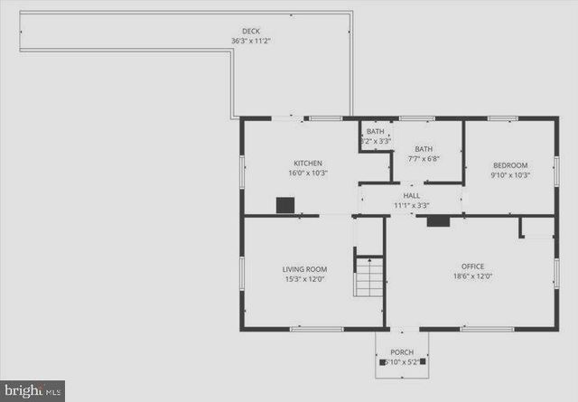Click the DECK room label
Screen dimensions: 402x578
pyautogui.click(x=251, y=31)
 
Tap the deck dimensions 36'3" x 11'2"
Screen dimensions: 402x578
pyautogui.click(x=251, y=41)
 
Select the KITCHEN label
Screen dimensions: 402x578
pyautogui.click(x=308, y=164)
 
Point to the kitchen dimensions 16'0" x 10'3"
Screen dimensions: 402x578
pyautogui.click(x=308, y=173)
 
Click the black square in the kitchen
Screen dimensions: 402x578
pyautogui.click(x=285, y=205)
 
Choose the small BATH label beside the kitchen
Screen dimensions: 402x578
pyautogui.click(x=375, y=132)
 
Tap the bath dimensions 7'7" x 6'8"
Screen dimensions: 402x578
pyautogui.click(x=424, y=159)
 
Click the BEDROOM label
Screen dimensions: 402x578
pyautogui.click(x=509, y=165)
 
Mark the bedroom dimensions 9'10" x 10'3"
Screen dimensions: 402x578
pyautogui.click(x=509, y=175)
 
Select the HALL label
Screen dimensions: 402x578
pyautogui.click(x=412, y=195)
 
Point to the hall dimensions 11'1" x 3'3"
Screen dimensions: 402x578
pyautogui.click(x=412, y=205)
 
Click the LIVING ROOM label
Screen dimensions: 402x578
pyautogui.click(x=304, y=269)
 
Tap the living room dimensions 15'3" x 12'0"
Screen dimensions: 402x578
pyautogui.click(x=304, y=279)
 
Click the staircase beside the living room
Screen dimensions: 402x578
pyautogui.click(x=368, y=278)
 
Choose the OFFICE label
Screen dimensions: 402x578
pyautogui.click(x=472, y=266)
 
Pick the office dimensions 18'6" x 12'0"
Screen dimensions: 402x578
pyautogui.click(x=472, y=276)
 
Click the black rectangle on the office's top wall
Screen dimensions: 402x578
pyautogui.click(x=438, y=220)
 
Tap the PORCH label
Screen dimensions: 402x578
pyautogui.click(x=402, y=352)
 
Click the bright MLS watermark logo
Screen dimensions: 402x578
pyautogui.click(x=32, y=391)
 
